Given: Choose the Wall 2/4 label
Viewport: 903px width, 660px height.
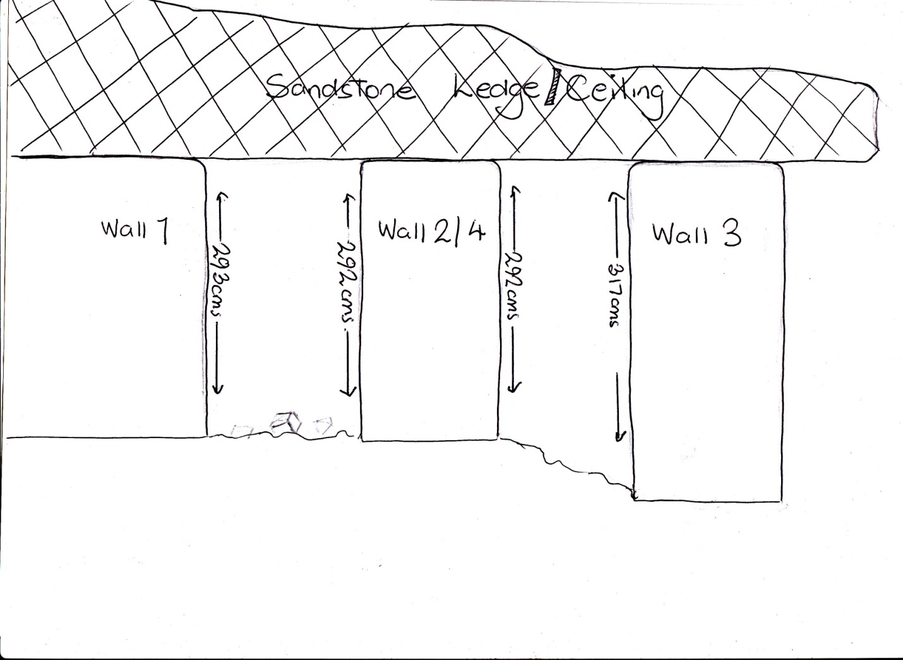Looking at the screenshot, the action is (431, 231).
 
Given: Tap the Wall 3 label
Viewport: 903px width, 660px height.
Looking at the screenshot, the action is (697, 235).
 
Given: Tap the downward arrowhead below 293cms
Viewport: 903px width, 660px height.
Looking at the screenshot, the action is (218, 388).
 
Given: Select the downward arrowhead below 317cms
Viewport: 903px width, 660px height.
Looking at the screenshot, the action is (620, 436).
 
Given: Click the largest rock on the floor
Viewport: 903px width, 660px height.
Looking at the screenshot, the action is (285, 424).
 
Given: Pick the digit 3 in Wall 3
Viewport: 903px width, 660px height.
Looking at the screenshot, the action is (731, 235).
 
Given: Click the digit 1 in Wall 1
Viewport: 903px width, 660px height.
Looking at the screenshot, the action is (162, 231).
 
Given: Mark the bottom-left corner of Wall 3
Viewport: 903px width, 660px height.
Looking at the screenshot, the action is (634, 500).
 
